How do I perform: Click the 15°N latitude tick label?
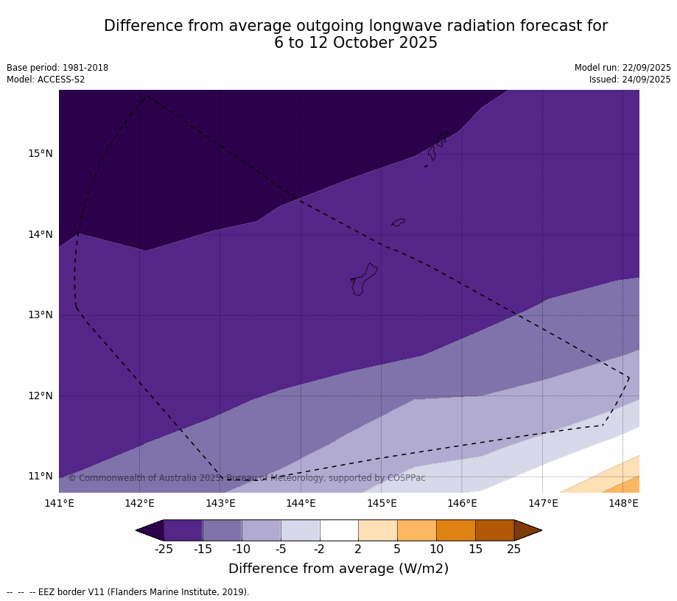click(x=41, y=154)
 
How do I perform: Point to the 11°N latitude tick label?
click(x=41, y=477)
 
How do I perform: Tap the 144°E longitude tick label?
click(x=301, y=504)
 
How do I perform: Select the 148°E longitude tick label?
click(x=623, y=504)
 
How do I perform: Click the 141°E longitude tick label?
click(x=59, y=504)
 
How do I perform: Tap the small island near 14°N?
click(x=399, y=222)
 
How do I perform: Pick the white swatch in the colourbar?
click(x=339, y=530)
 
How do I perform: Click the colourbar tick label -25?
click(x=164, y=549)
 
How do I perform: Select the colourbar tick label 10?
click(x=436, y=549)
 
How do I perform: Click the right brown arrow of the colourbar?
click(x=527, y=530)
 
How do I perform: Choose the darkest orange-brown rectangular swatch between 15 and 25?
click(x=494, y=530)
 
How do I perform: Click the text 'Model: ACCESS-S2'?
click(x=46, y=80)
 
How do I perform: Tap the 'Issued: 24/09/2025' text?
click(x=630, y=80)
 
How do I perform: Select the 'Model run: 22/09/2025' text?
click(x=622, y=68)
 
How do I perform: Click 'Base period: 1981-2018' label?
click(x=57, y=68)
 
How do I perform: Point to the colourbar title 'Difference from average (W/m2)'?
click(x=338, y=569)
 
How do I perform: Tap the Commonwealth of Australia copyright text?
click(x=247, y=478)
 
